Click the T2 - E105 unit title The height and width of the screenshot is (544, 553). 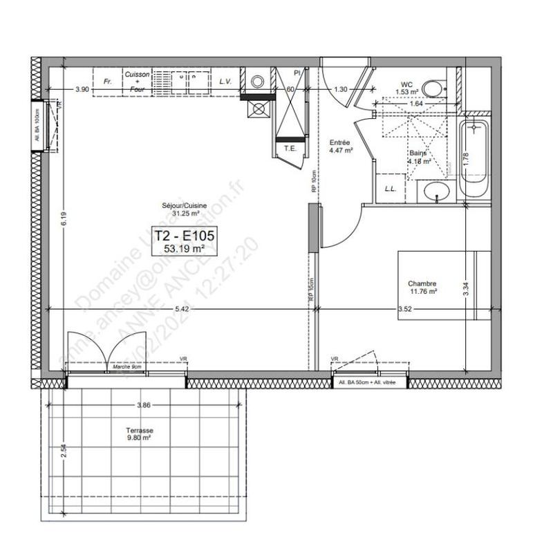pos(183,235)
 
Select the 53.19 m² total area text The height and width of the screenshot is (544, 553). pos(183,248)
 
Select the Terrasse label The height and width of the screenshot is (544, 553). pos(139,430)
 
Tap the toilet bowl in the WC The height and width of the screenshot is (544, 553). pos(433,88)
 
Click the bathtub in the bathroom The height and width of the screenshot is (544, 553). pos(475,158)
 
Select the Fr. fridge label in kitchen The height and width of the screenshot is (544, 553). pos(108,82)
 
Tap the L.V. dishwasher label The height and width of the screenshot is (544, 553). pos(225,82)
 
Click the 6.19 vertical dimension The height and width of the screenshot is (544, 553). pos(63,219)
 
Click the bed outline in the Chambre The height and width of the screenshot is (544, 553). pos(442,285)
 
